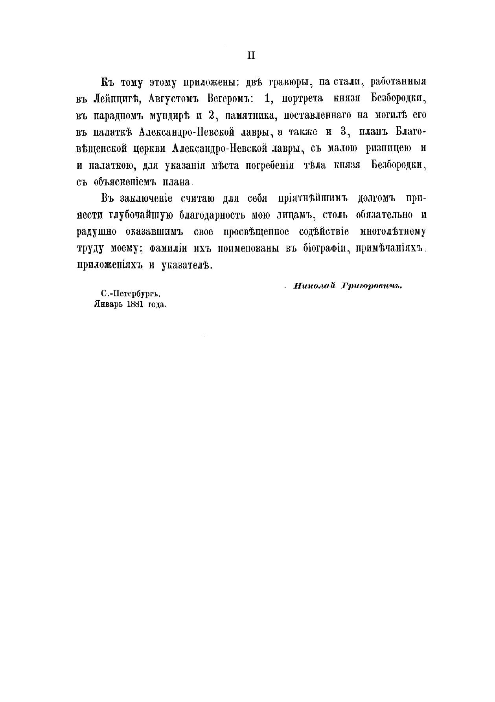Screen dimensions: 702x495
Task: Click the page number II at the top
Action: [251, 56]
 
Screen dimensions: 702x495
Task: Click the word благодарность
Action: [212, 215]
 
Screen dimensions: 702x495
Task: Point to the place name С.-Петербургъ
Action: [131, 293]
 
